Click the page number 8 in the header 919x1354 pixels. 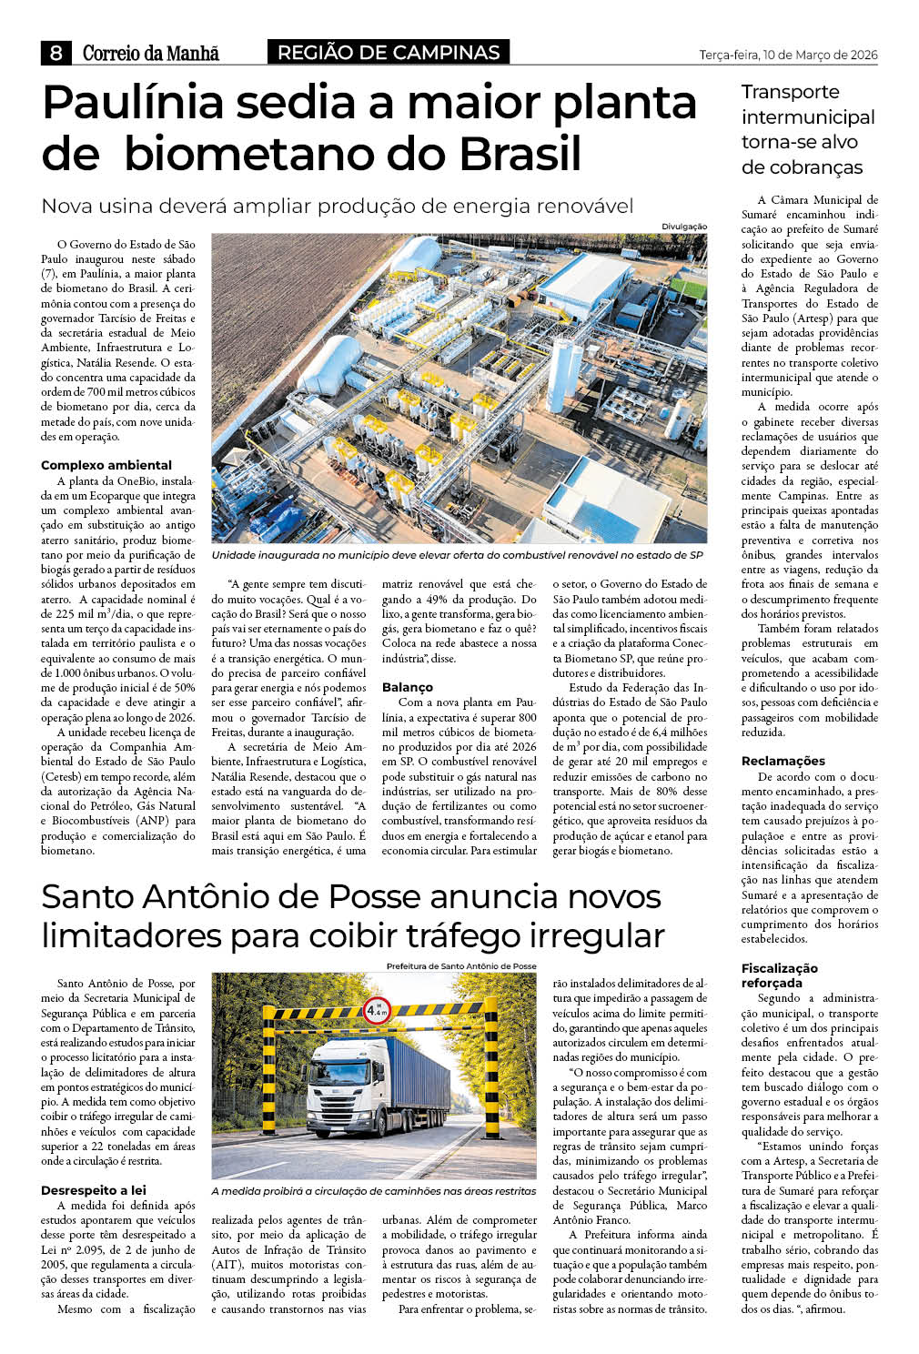tap(56, 53)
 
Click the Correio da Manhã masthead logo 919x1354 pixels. tap(151, 54)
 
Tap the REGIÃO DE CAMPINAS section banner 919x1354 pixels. tap(389, 53)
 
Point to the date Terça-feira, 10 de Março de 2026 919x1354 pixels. tap(788, 55)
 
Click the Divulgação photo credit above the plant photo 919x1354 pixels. tap(684, 227)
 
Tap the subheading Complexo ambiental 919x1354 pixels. tap(106, 465)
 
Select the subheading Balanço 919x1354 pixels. tap(407, 687)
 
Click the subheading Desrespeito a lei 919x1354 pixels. tap(94, 1190)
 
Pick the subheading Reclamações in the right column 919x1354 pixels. tap(783, 761)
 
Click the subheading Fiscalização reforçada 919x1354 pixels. tap(779, 975)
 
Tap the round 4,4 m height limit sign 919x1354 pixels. tap(376, 1009)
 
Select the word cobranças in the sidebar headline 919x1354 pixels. tap(802, 167)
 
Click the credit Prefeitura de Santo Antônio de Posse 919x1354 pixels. tap(461, 966)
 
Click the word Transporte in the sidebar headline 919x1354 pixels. tap(790, 92)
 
